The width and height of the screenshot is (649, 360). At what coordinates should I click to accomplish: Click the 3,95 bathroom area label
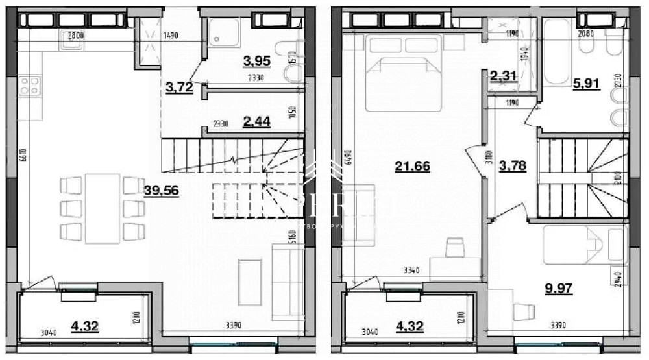tap(256, 62)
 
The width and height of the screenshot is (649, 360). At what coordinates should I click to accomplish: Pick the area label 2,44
tap(256, 120)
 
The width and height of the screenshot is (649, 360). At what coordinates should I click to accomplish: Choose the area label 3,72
tap(179, 88)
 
